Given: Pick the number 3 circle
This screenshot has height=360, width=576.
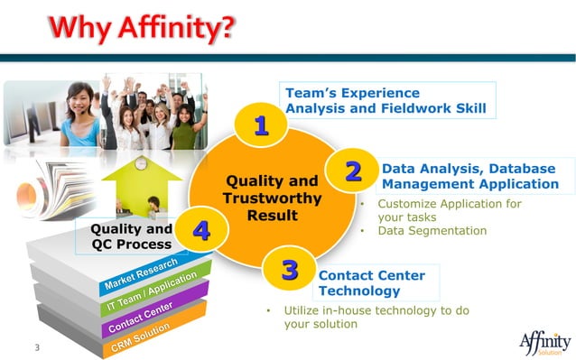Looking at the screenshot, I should click(x=289, y=269).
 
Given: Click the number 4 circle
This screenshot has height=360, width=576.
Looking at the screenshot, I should click(x=201, y=231).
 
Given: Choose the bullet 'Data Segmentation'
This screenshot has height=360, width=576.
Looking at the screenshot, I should click(x=432, y=231).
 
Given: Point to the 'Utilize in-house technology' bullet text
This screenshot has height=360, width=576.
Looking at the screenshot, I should click(x=376, y=317).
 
